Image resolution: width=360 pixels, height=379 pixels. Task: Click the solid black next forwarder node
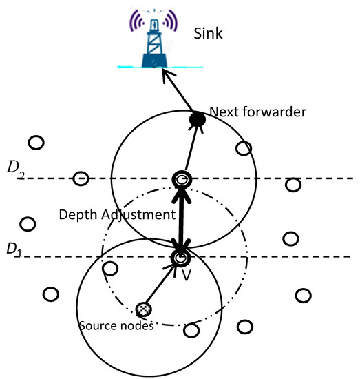pyautogui.click(x=197, y=120)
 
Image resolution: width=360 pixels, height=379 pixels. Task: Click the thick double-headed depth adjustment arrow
pyautogui.click(x=181, y=219)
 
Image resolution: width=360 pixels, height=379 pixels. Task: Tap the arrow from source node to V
pyautogui.click(x=161, y=285)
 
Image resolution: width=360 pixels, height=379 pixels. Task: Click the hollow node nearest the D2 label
pyautogui.click(x=81, y=178)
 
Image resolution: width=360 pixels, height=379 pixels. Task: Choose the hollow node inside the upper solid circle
pyautogui.click(x=242, y=148)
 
